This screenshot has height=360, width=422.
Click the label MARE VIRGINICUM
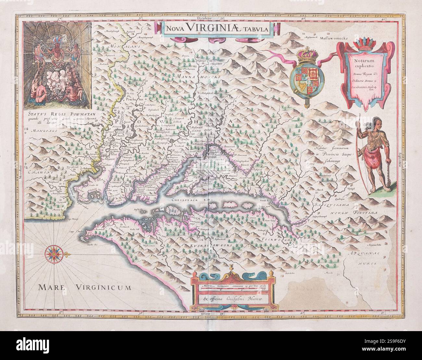[84, 287]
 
